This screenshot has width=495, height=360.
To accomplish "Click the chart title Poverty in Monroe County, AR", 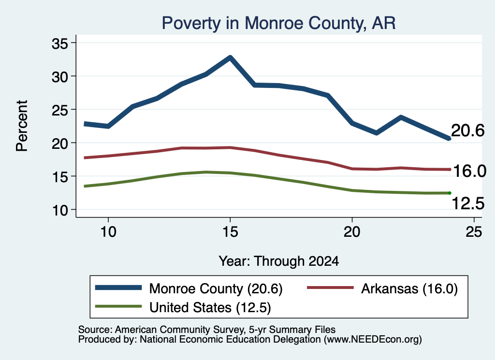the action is [278, 23].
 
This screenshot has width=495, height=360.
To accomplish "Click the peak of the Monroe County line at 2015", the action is [231, 58].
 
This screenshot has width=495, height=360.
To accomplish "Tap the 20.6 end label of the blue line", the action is [468, 130].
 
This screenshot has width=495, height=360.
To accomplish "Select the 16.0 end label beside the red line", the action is [469, 171].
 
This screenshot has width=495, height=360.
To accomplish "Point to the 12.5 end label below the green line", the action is [468, 203].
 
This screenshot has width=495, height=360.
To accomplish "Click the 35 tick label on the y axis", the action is [60, 43].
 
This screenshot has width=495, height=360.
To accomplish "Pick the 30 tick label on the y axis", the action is [60, 77].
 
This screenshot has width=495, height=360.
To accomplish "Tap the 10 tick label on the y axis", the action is [60, 210].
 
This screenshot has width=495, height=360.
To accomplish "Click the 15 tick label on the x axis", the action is [230, 232].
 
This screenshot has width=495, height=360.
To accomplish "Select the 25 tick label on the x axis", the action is [474, 232].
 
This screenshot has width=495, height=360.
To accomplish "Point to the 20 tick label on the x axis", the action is [352, 232].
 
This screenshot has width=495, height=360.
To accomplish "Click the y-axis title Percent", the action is [22, 126].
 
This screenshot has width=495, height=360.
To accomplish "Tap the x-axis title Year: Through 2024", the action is [279, 261].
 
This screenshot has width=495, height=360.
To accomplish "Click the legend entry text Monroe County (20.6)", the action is [216, 288].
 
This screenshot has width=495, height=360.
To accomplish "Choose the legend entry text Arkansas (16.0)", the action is [409, 288].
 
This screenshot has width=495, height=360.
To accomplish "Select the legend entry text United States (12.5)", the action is [210, 308].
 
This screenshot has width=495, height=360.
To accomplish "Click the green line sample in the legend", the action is [118, 306].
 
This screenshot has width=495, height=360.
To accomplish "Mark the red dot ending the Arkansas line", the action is [450, 170].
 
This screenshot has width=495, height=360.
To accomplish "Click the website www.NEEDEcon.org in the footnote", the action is [373, 340].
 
